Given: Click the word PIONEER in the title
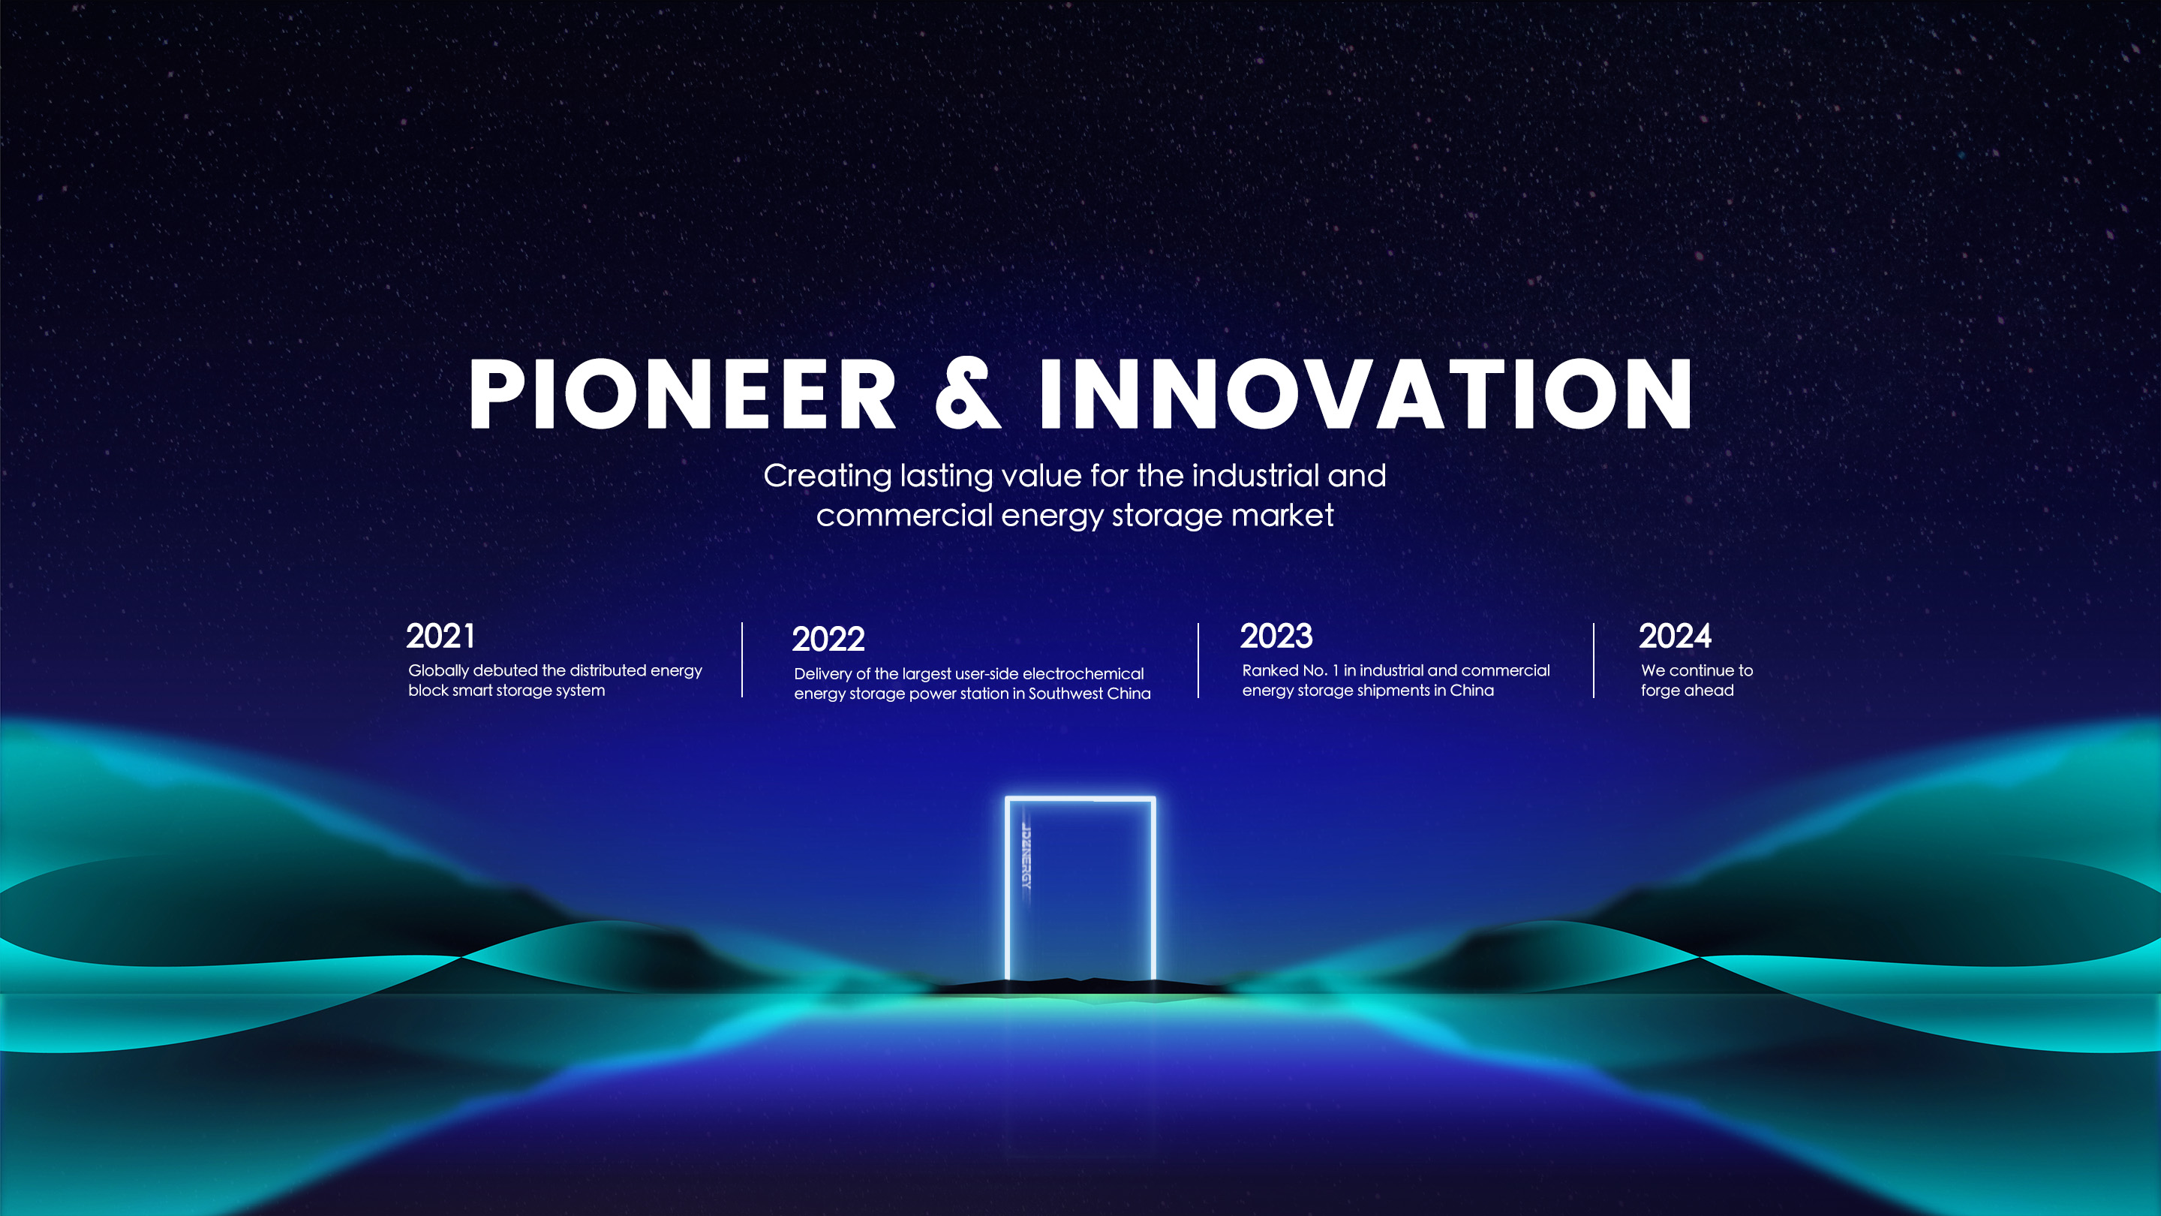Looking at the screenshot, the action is tap(682, 393).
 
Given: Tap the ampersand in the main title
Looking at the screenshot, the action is tap(967, 393).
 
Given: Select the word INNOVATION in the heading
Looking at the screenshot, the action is tap(1366, 393).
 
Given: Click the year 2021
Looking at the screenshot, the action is tap(440, 636).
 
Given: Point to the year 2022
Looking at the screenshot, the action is tap(828, 640).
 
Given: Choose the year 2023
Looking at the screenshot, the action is tap(1276, 636).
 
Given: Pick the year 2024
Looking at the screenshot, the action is tap(1675, 636).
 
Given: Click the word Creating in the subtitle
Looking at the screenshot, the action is tap(827, 477).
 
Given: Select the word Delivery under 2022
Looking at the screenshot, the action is tap(822, 675).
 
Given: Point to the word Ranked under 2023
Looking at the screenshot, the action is tap(1268, 670).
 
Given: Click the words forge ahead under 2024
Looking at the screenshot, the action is tap(1687, 691).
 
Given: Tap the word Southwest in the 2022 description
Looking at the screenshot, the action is tap(1064, 693).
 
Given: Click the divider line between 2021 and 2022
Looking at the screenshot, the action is tap(742, 660).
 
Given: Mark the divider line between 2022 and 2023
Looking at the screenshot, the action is tap(1198, 661).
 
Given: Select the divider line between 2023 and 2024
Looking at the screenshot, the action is tap(1594, 661).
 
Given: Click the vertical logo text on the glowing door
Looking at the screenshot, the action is tap(1026, 856).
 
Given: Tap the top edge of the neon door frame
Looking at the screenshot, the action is tap(1080, 798).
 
